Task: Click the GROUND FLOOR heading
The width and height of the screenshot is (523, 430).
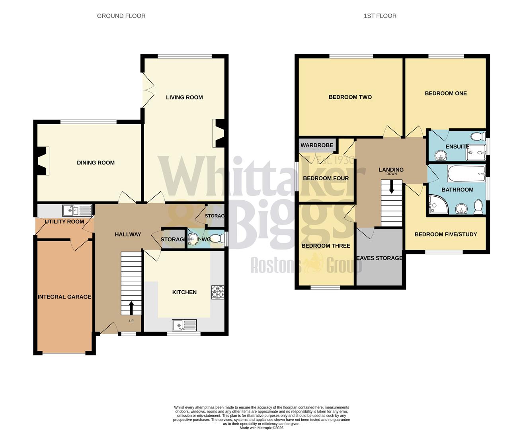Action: click(x=121, y=16)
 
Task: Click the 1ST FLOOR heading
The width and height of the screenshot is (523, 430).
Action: click(x=380, y=16)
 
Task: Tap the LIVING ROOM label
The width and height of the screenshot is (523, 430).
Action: click(x=184, y=97)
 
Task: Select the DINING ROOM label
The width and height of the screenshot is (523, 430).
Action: click(x=96, y=162)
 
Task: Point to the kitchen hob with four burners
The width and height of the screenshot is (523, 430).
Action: click(x=218, y=292)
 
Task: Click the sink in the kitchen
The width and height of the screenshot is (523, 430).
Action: click(x=184, y=325)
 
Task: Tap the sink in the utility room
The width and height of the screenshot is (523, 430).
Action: click(x=77, y=210)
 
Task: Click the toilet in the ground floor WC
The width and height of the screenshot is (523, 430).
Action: click(x=217, y=239)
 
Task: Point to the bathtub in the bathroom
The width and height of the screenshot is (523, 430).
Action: click(x=466, y=174)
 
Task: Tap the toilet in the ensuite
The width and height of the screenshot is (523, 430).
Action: click(x=476, y=137)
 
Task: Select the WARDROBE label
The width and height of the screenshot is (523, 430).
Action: click(x=317, y=145)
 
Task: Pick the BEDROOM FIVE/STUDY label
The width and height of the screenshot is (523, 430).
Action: click(x=446, y=234)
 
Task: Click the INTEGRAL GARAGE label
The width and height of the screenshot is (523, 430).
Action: click(x=64, y=297)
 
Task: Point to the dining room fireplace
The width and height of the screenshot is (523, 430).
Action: click(x=42, y=160)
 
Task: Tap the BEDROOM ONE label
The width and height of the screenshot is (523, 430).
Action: click(x=446, y=93)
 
